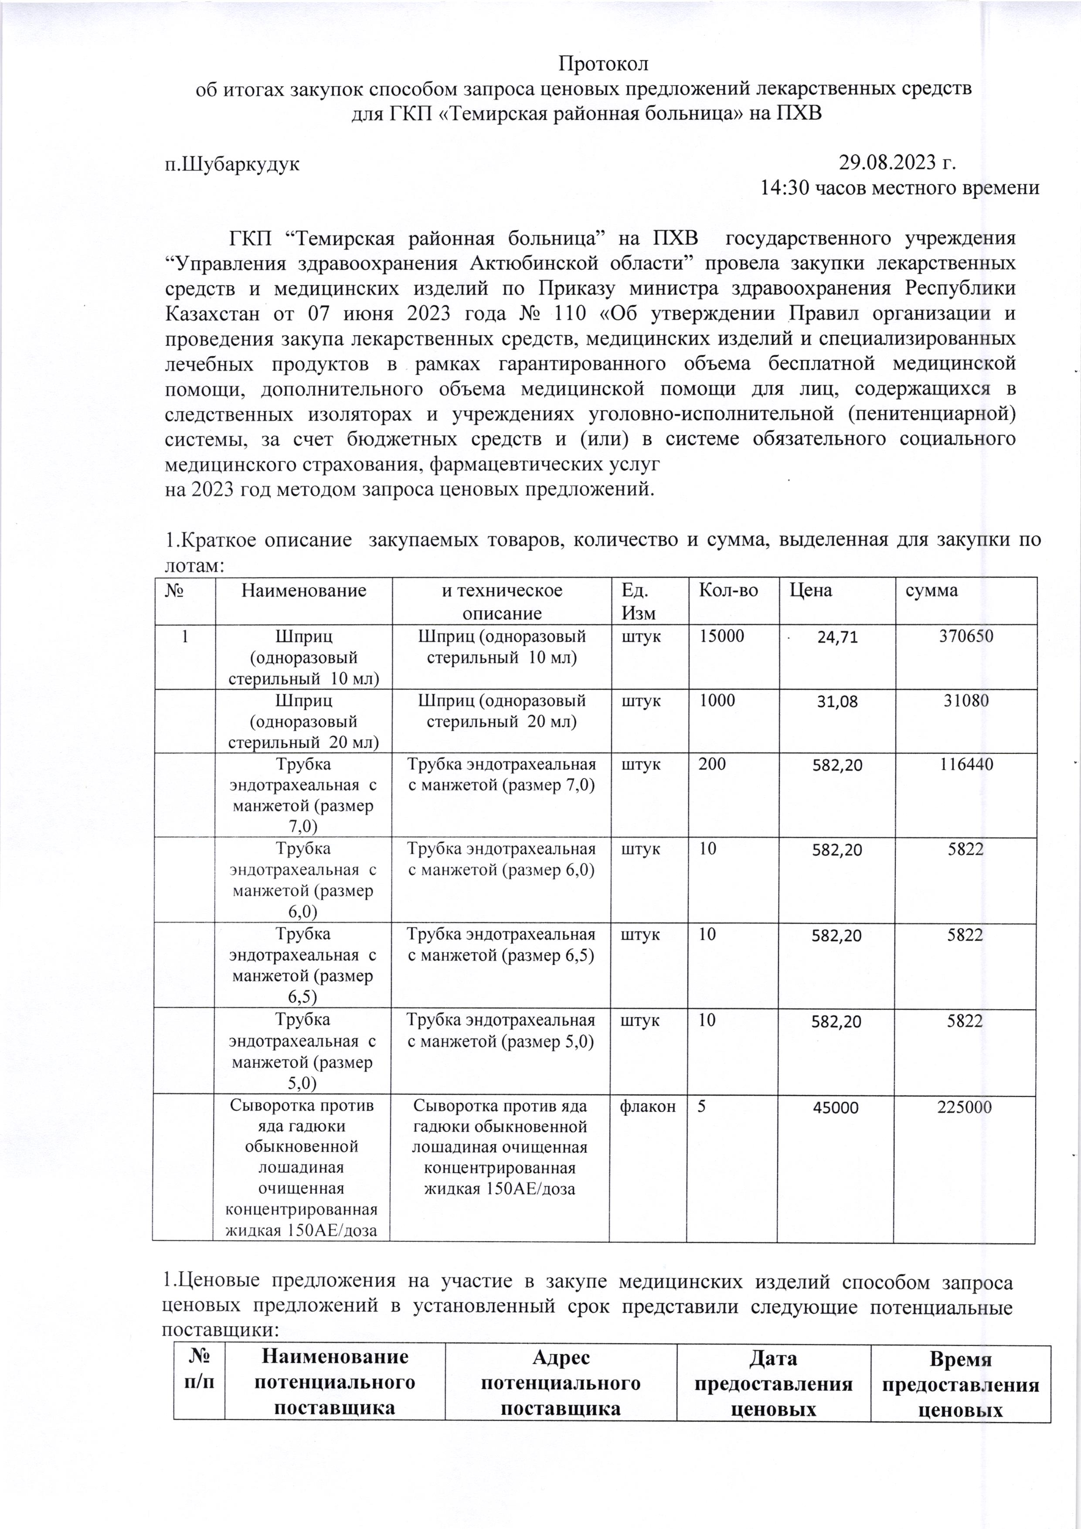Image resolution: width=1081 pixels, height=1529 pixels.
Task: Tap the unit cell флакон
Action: click(648, 1107)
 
